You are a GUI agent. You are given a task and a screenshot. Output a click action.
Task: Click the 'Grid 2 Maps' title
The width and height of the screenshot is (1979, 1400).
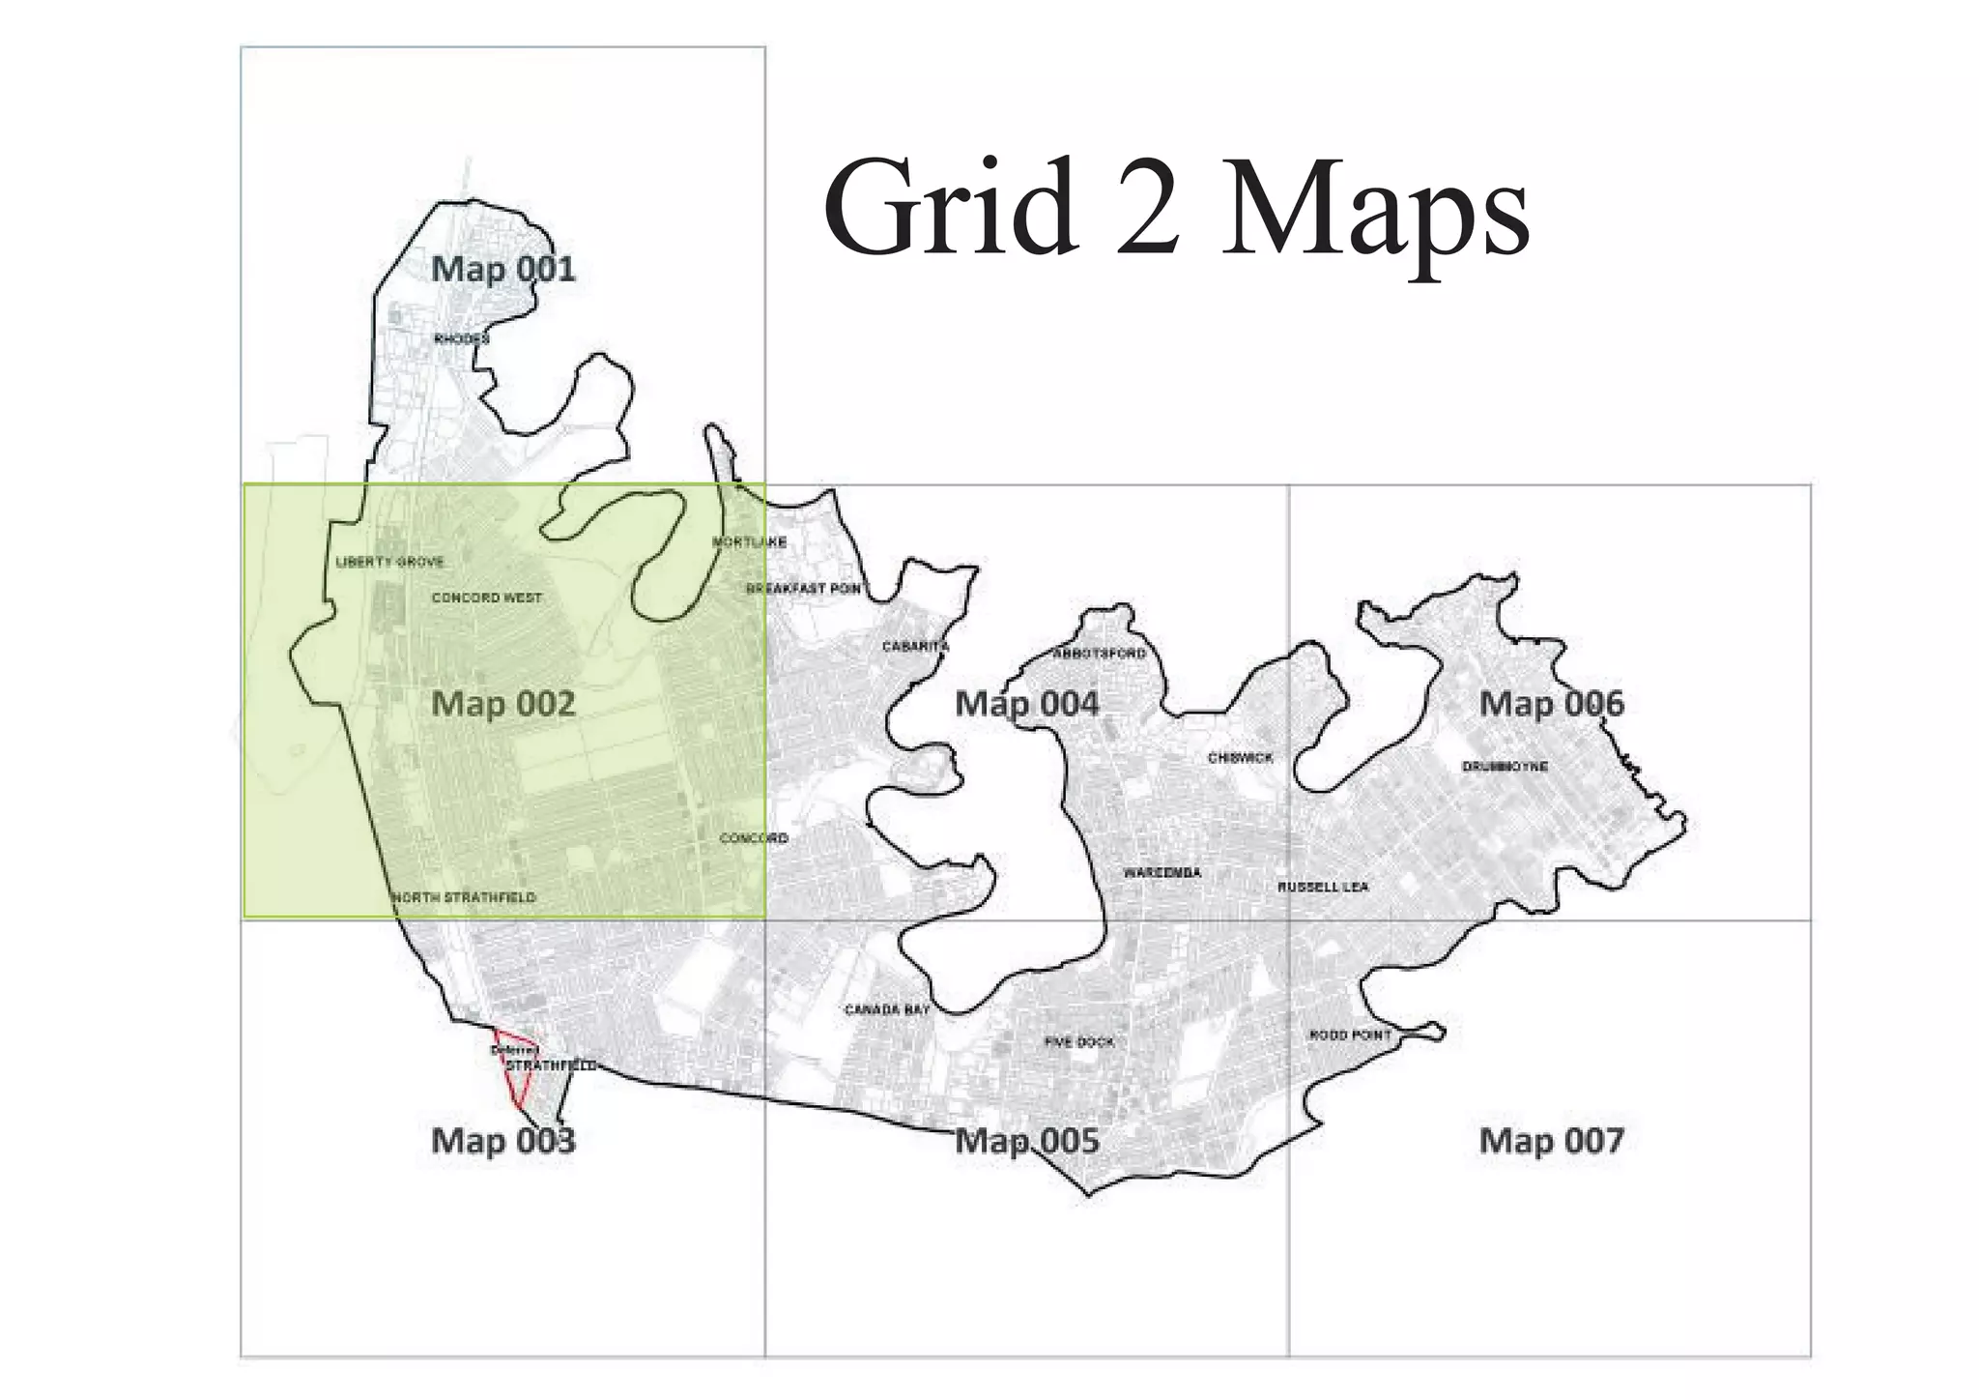point(1175,210)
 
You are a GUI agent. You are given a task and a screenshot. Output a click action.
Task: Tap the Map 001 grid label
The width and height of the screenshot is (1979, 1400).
point(502,269)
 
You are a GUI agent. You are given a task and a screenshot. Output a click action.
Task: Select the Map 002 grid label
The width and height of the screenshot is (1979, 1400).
point(502,704)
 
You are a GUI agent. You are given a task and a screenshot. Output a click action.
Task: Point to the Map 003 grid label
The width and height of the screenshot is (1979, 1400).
point(502,1141)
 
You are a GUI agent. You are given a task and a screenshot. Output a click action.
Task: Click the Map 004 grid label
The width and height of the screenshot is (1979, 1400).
point(1026,704)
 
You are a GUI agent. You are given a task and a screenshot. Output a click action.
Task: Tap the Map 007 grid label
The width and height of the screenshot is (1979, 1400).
point(1551,1141)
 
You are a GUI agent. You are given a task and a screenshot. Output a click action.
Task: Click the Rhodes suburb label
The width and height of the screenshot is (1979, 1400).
point(461,339)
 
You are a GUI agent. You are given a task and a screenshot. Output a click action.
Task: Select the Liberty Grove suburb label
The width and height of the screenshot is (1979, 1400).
point(389,562)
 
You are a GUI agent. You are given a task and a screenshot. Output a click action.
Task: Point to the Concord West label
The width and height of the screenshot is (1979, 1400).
point(486,598)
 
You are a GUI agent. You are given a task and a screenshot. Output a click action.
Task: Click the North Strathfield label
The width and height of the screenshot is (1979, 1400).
point(463,897)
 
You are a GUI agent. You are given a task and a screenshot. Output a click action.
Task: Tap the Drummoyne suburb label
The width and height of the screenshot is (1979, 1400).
point(1505,767)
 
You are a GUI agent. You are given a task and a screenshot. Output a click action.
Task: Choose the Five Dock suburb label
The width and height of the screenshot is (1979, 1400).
point(1079,1042)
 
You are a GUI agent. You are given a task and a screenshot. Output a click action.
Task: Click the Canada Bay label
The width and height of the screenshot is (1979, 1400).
point(886,1009)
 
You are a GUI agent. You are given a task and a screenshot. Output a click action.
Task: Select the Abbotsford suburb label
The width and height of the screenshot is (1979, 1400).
point(1099,654)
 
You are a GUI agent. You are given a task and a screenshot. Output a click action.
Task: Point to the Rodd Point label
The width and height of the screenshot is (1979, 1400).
point(1350,1035)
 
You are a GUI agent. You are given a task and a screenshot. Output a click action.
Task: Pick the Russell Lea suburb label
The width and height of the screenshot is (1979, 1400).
point(1322,887)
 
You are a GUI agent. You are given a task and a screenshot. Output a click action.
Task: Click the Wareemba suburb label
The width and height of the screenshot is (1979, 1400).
point(1162,873)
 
